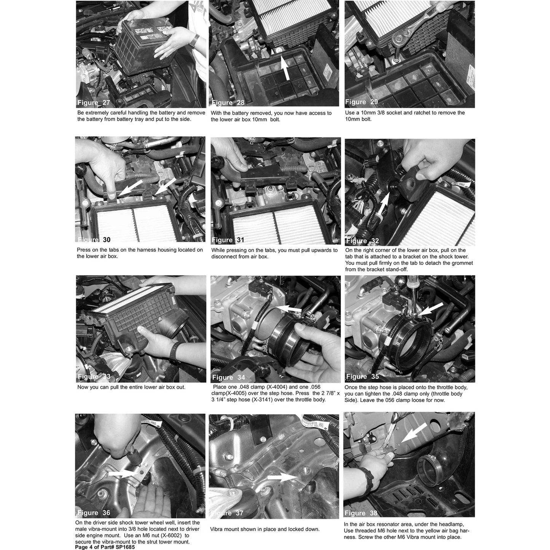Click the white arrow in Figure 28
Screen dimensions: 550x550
(285, 67)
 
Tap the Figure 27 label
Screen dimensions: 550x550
(94, 103)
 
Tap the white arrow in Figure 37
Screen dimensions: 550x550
(283, 477)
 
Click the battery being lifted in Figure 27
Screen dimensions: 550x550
(144, 46)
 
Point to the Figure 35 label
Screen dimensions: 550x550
(362, 376)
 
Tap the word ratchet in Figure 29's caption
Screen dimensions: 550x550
(433, 113)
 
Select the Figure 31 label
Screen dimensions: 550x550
(228, 240)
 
